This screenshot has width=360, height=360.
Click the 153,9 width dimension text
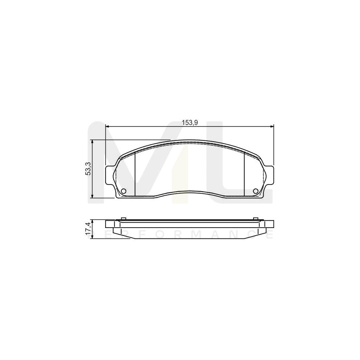tap(190, 123)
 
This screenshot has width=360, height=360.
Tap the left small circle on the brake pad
tap(123, 190)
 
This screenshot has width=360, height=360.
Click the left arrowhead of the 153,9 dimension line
tap(108, 127)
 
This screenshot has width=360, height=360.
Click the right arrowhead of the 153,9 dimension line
tap(272, 127)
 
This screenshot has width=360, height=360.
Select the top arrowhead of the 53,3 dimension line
tap(93, 142)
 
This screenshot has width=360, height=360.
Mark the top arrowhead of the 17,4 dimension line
tap(93, 221)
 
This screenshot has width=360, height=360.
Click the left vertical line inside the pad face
tap(136, 174)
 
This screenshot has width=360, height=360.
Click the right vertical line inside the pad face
tap(244, 174)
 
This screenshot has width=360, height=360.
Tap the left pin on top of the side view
tap(123, 218)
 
